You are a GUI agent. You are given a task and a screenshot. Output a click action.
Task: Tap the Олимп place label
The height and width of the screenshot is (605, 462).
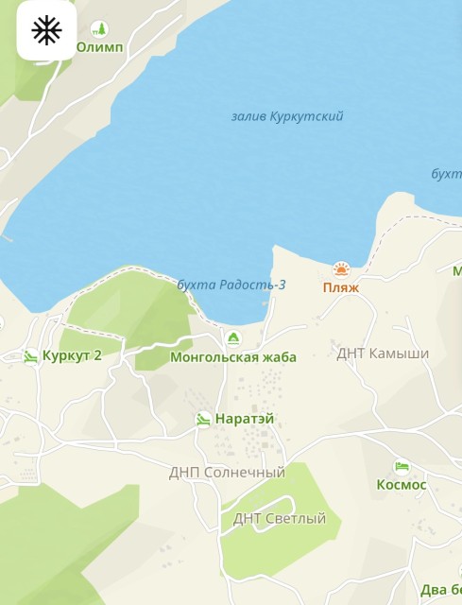[x=99, y=47]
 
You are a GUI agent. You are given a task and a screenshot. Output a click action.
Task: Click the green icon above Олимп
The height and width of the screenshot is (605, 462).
[x=99, y=29]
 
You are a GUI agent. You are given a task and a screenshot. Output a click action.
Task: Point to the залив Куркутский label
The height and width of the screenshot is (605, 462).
[x=287, y=116]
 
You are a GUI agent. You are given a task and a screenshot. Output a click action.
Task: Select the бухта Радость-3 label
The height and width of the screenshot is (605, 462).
[x=231, y=285]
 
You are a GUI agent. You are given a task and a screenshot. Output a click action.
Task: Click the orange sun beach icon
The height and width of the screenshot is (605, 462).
[x=341, y=269]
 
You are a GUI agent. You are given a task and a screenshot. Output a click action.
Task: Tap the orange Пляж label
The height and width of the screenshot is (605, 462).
[x=341, y=287]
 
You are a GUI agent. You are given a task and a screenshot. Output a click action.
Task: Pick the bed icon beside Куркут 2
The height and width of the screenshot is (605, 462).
[x=31, y=356]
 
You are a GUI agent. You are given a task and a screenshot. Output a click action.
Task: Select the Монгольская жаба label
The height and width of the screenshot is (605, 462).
[x=233, y=357]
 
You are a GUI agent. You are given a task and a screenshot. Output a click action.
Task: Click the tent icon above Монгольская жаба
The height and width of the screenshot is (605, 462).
[x=233, y=338]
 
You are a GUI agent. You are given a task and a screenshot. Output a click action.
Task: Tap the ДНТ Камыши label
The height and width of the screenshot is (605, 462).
[x=383, y=354]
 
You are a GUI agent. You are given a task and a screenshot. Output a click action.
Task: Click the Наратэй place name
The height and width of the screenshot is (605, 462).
[x=245, y=419]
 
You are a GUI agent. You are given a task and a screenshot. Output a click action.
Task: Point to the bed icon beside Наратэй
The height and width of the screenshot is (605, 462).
[x=203, y=419]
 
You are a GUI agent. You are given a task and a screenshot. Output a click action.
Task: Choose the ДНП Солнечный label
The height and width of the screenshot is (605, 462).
[x=227, y=472]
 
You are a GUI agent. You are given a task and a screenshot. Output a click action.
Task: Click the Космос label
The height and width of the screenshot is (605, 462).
[x=402, y=485]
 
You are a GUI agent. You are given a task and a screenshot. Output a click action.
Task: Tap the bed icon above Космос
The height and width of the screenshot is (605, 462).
[x=402, y=467]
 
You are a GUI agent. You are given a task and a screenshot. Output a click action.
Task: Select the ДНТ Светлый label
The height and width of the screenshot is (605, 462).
[x=280, y=518]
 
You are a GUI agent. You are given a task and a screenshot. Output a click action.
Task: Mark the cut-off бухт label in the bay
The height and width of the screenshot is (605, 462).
[x=446, y=174]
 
